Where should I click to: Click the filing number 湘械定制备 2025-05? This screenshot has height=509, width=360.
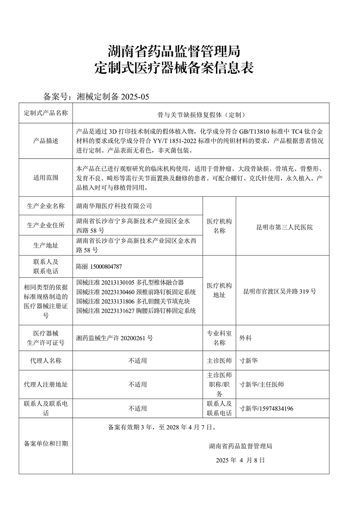(x=112, y=96)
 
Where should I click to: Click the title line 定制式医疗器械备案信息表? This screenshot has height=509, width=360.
(x=175, y=68)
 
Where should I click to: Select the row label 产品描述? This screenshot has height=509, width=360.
(x=45, y=141)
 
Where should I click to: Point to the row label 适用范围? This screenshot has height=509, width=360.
(x=45, y=178)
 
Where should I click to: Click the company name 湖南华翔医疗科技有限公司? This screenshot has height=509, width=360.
(x=114, y=206)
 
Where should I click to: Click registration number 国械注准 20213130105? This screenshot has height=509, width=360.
(x=106, y=283)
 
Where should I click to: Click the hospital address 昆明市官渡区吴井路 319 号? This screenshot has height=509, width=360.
(x=279, y=291)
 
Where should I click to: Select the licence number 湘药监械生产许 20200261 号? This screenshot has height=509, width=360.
(x=115, y=338)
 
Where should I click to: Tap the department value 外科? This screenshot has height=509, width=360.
(x=245, y=338)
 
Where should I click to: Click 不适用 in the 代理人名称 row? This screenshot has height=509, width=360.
(x=138, y=361)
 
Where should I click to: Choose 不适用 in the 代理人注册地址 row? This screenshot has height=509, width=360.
(x=138, y=385)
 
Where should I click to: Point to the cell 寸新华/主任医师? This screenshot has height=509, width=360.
(x=262, y=385)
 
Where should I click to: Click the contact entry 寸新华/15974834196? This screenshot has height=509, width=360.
(x=266, y=409)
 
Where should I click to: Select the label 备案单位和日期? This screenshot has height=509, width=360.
(x=45, y=444)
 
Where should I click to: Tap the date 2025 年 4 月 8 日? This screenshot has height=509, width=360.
(x=240, y=460)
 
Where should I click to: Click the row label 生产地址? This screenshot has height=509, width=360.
(x=45, y=246)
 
